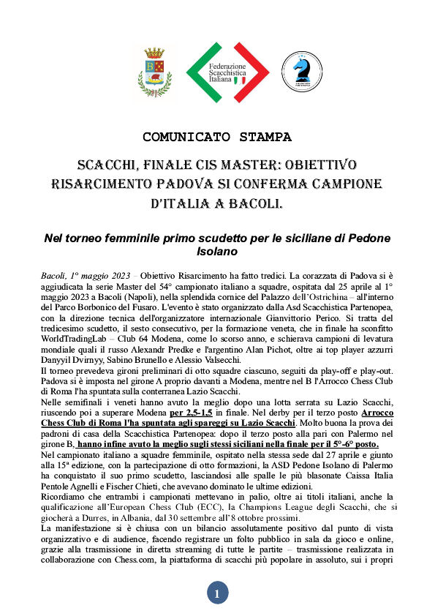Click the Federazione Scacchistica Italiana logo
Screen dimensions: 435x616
click(227, 72)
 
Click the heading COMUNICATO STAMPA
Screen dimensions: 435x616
click(217, 137)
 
